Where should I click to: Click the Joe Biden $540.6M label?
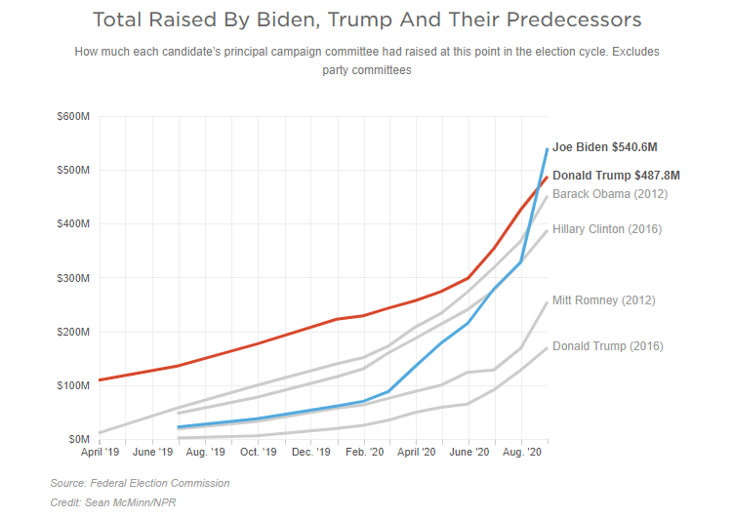(x=604, y=147)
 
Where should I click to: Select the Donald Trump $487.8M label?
(x=616, y=176)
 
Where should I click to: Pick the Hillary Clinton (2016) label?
(x=607, y=229)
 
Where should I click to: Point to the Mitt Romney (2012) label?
(x=603, y=300)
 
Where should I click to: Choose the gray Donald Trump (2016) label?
(x=607, y=345)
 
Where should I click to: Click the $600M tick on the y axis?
(x=74, y=117)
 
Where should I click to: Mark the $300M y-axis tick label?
(x=74, y=278)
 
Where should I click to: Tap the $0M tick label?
(x=79, y=440)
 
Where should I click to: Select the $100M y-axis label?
(x=74, y=386)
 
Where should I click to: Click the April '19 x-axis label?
(x=101, y=454)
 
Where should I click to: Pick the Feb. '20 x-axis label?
(x=363, y=454)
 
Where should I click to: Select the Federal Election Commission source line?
(x=140, y=483)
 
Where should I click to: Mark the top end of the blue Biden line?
(x=547, y=148)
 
